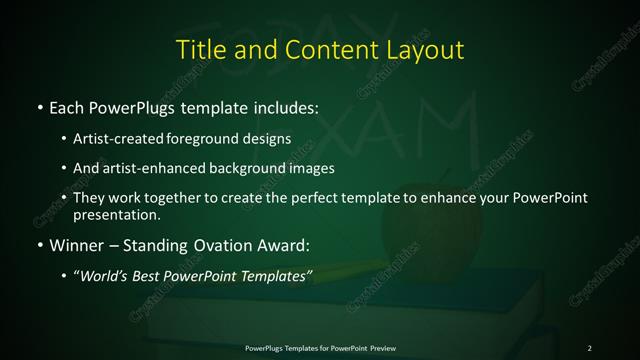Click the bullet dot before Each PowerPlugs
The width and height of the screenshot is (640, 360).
click(39, 105)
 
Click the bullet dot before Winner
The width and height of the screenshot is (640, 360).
click(39, 244)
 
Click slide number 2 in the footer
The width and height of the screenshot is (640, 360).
click(590, 347)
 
